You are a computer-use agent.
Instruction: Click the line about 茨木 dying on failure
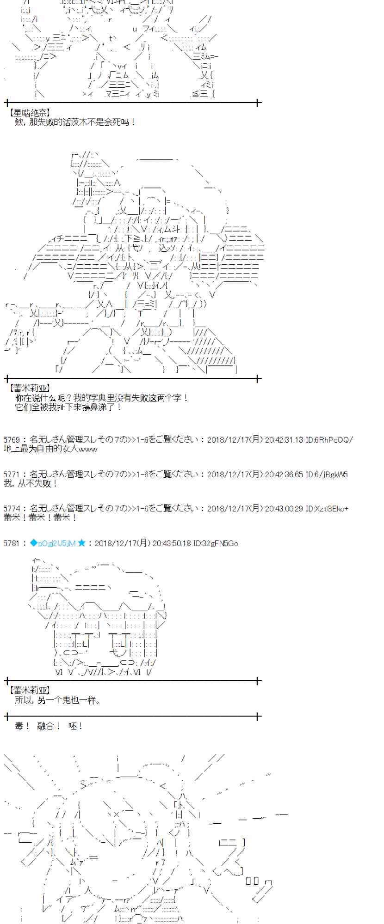[x=75, y=122]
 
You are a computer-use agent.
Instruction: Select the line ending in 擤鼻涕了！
[x=68, y=407]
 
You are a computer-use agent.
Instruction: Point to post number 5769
[x=12, y=439]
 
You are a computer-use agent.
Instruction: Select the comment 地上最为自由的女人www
[x=50, y=449]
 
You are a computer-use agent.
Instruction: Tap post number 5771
[x=12, y=474]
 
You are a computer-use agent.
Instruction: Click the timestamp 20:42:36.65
[x=284, y=474]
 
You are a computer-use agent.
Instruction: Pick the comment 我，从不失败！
[x=31, y=483]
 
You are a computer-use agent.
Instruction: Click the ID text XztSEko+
[x=331, y=509]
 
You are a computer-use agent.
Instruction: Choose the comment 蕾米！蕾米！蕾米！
[x=40, y=518]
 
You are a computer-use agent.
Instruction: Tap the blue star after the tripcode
[x=81, y=543]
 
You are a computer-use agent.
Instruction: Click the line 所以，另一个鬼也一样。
[x=57, y=700]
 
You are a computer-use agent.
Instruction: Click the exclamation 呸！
[x=75, y=726]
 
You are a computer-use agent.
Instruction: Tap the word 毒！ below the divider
[x=22, y=726]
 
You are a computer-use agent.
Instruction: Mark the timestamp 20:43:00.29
[x=284, y=509]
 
